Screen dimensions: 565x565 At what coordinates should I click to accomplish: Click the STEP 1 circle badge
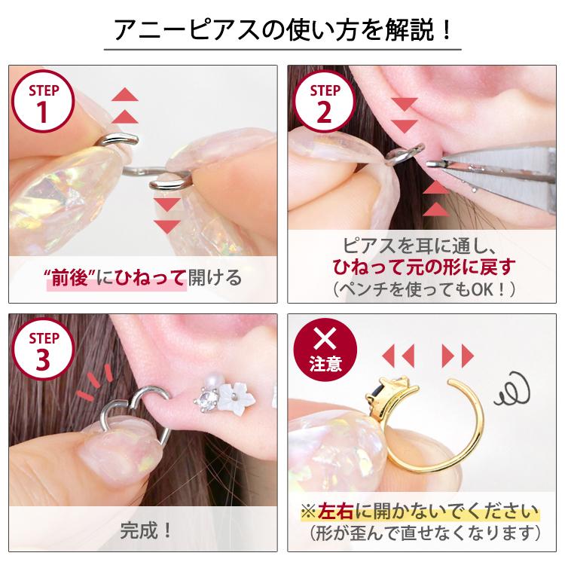point(43,102)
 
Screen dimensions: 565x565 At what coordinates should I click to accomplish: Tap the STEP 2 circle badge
point(324,102)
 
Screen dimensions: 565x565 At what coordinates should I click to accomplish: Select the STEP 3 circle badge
point(43,350)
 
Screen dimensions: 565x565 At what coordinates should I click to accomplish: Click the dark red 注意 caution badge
point(325,350)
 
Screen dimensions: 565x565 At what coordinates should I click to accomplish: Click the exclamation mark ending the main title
point(446,30)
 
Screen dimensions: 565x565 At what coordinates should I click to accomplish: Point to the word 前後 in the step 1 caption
point(70,278)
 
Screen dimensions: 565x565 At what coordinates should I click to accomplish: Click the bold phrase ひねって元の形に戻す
point(423,267)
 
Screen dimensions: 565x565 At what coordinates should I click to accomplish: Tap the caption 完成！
point(145,530)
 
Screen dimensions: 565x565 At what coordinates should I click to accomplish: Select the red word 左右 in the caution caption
point(335,512)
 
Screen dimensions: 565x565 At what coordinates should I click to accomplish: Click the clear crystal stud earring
point(208,399)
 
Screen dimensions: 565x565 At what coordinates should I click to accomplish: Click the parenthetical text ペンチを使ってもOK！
point(423,289)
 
